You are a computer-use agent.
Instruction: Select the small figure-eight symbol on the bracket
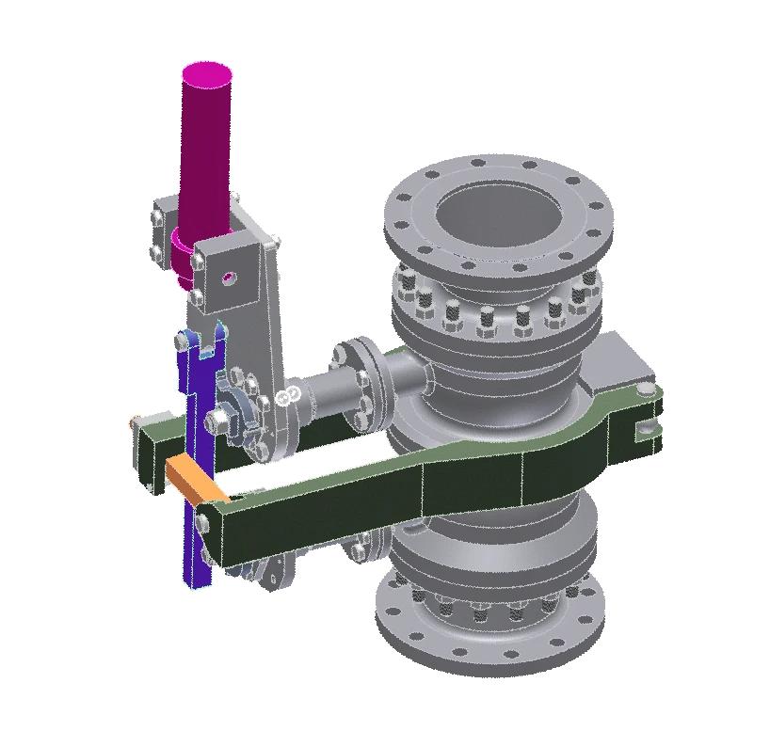coord(291,394)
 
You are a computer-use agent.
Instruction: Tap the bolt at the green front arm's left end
coord(203,512)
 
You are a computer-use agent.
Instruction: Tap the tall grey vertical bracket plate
coord(268,310)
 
